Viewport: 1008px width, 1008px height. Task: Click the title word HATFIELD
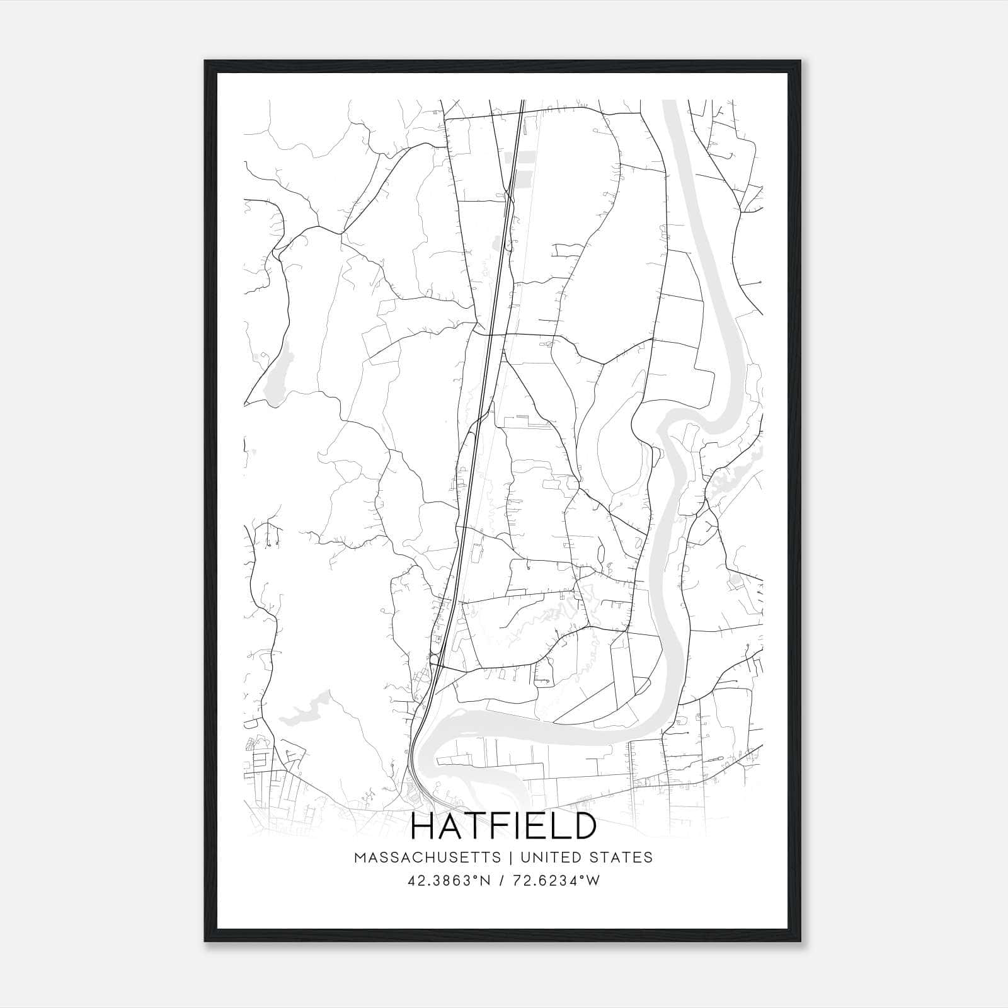click(x=503, y=826)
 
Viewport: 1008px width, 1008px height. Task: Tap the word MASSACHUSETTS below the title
click(x=428, y=857)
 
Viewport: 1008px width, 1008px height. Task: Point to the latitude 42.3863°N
click(x=449, y=881)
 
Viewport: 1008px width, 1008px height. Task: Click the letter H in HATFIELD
click(x=423, y=826)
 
